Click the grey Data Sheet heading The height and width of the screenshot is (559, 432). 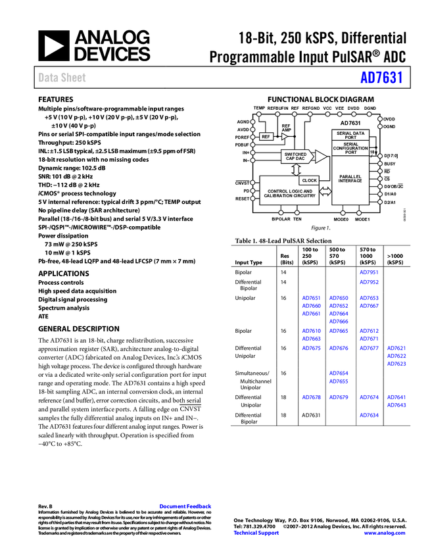[62, 78]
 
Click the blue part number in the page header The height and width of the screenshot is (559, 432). [381, 78]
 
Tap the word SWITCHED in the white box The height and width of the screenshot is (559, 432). [295, 155]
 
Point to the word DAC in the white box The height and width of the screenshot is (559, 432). [300, 159]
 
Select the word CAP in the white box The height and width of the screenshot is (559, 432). [290, 159]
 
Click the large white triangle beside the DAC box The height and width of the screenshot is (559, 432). [320, 157]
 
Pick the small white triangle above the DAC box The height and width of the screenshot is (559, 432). [284, 137]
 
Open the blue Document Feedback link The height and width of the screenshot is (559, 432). [185, 506]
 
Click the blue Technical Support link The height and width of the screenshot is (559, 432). [256, 533]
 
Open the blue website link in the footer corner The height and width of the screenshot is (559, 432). [385, 533]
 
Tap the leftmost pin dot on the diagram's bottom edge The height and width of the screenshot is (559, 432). [281, 212]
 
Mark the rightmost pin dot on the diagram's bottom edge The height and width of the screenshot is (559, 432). [359, 212]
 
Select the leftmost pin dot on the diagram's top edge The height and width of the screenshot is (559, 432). [258, 114]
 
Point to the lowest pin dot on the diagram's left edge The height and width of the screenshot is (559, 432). [252, 198]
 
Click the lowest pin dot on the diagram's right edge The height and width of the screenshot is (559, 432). [380, 201]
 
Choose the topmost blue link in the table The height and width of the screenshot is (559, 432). [369, 272]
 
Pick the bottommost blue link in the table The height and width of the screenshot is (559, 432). [369, 416]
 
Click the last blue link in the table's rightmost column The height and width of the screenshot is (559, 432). [396, 406]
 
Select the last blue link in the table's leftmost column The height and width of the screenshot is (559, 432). [311, 397]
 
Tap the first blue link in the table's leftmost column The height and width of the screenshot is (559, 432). [311, 298]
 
